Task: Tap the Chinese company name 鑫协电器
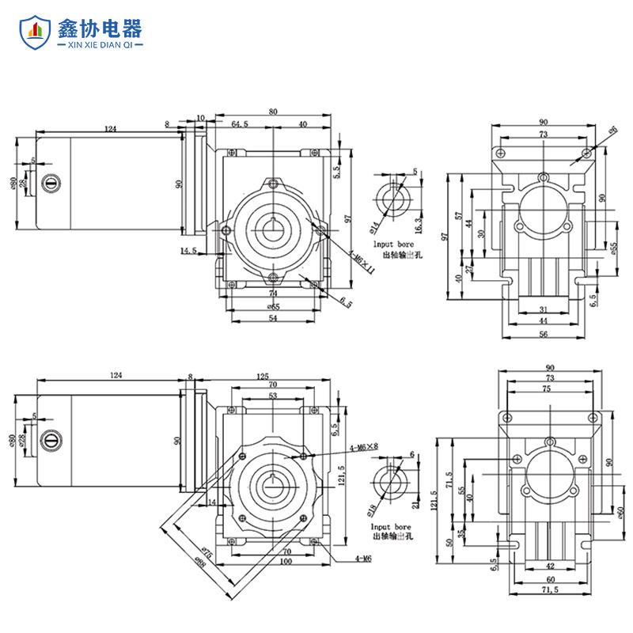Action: click(100, 28)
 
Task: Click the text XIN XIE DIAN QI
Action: click(100, 47)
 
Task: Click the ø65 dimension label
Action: click(273, 305)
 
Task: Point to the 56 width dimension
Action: click(544, 334)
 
